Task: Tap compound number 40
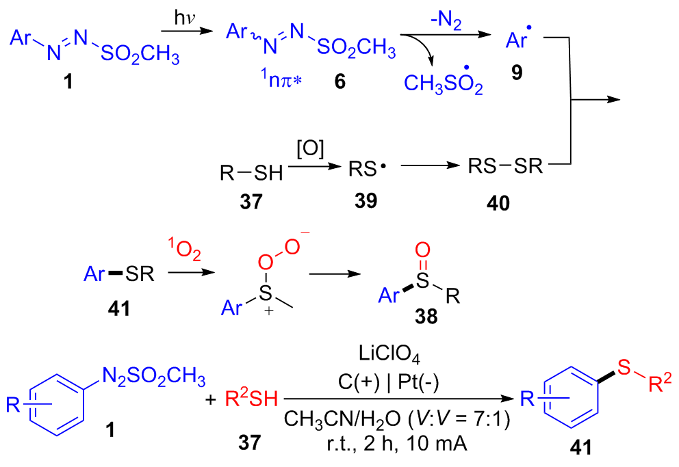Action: [499, 203]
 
